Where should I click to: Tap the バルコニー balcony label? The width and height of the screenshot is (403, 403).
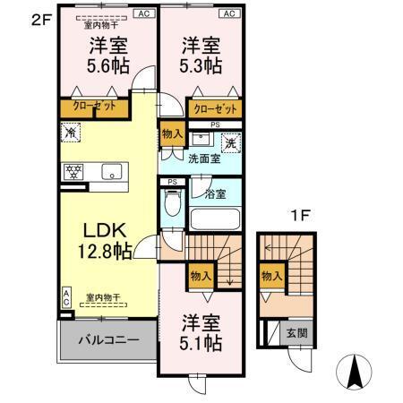107,340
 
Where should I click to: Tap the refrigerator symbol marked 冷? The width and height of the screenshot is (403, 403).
72,133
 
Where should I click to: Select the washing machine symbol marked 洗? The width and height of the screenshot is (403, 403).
230,141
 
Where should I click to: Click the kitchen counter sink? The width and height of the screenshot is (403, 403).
112,171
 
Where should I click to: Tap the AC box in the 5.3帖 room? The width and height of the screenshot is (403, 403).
229,13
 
